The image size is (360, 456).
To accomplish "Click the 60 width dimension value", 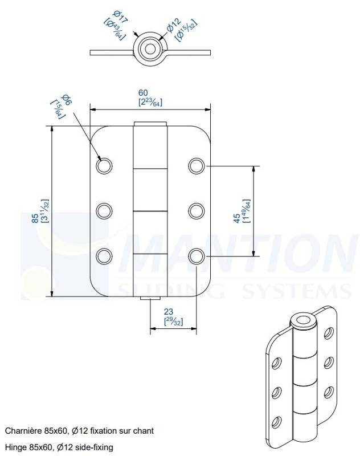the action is [143, 93].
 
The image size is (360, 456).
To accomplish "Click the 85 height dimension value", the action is [35, 218].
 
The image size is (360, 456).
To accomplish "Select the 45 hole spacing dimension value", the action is [237, 218].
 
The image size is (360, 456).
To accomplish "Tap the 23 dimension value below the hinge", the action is [169, 312].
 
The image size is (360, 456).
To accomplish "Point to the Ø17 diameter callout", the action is [120, 17].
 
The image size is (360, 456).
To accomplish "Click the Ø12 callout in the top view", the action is [174, 25].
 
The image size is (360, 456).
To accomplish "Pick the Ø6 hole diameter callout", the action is [66, 100].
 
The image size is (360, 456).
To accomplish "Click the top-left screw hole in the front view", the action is [104, 166].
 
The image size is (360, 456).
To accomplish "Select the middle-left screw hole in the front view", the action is [104, 211].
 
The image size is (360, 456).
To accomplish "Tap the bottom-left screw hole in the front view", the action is [104, 256].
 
